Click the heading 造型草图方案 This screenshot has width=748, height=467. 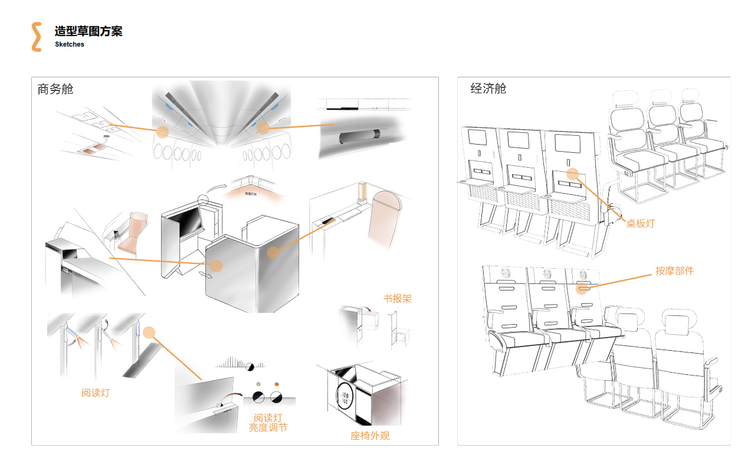click(88, 32)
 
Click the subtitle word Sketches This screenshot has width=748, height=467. click(70, 44)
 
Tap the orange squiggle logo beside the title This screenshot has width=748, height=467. click(37, 37)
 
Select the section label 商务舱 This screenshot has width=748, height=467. click(55, 89)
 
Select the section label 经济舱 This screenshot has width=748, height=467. click(488, 89)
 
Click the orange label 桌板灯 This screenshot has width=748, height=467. click(640, 224)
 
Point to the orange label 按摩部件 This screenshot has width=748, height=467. click(674, 271)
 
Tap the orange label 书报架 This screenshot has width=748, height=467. click(397, 298)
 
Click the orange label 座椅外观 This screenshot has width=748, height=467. click(370, 436)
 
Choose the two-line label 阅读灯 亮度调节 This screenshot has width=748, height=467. click(268, 423)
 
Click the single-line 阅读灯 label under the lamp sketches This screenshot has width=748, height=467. click(95, 393)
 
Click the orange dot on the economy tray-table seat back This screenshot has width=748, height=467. click(572, 174)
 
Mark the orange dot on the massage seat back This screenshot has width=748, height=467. click(582, 288)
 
